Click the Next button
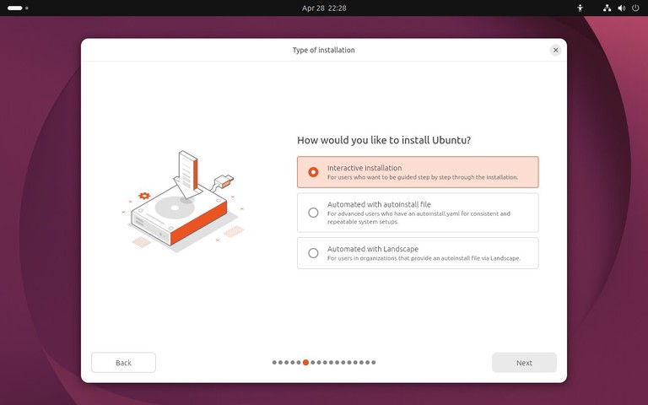(524, 363)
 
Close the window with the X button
(555, 51)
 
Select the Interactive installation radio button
(313, 172)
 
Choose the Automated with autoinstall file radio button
(313, 213)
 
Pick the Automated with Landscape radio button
(313, 253)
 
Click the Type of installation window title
(323, 51)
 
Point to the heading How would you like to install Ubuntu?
(384, 140)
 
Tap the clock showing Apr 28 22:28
(324, 8)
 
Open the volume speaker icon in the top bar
(621, 8)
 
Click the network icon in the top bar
(607, 8)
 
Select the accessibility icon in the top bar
(580, 8)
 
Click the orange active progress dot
(305, 362)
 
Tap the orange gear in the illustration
(144, 196)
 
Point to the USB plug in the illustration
(225, 180)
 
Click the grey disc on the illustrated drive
(172, 208)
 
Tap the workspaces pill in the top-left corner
(15, 8)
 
